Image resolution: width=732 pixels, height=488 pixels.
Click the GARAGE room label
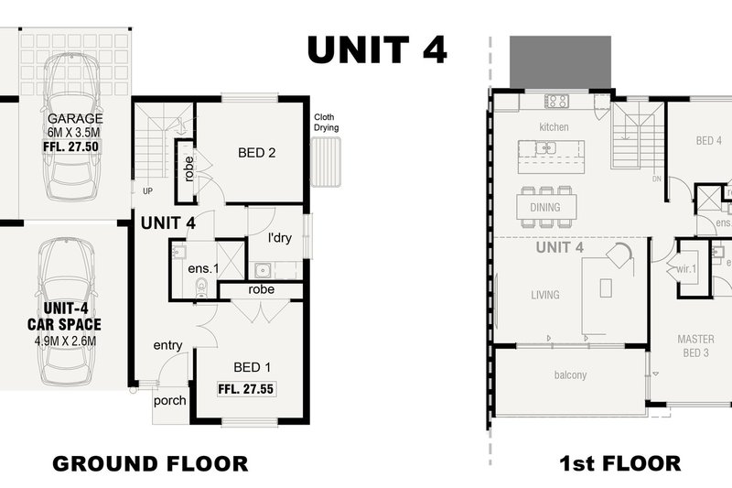pos(75,119)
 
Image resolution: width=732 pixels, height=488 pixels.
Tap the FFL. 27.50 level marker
pos(71,146)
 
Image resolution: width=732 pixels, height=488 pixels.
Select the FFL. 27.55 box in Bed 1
pos(246,389)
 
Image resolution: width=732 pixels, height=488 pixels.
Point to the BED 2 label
pos(257,153)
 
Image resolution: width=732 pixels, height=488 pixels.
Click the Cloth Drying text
pos(326,123)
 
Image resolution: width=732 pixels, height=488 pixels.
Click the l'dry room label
pos(280,238)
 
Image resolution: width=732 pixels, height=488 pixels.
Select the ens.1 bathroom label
pos(203,268)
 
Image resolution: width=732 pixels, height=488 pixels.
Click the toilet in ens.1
pos(201,287)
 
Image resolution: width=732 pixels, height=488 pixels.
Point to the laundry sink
pos(264,270)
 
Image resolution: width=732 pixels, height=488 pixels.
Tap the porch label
pos(170,401)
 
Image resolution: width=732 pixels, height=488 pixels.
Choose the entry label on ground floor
pos(167,345)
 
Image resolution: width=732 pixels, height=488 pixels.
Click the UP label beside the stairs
pos(147,191)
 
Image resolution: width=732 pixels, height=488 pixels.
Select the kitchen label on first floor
pos(554,127)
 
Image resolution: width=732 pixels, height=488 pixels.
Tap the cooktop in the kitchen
pos(557,101)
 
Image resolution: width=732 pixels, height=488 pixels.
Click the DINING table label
pos(545,207)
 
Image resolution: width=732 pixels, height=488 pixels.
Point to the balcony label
pos(570,374)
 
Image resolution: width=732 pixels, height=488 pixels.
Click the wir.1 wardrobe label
pos(686,269)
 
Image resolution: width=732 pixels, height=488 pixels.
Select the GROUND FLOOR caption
pos(150,463)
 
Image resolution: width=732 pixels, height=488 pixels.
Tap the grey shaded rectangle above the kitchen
pos(560,61)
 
